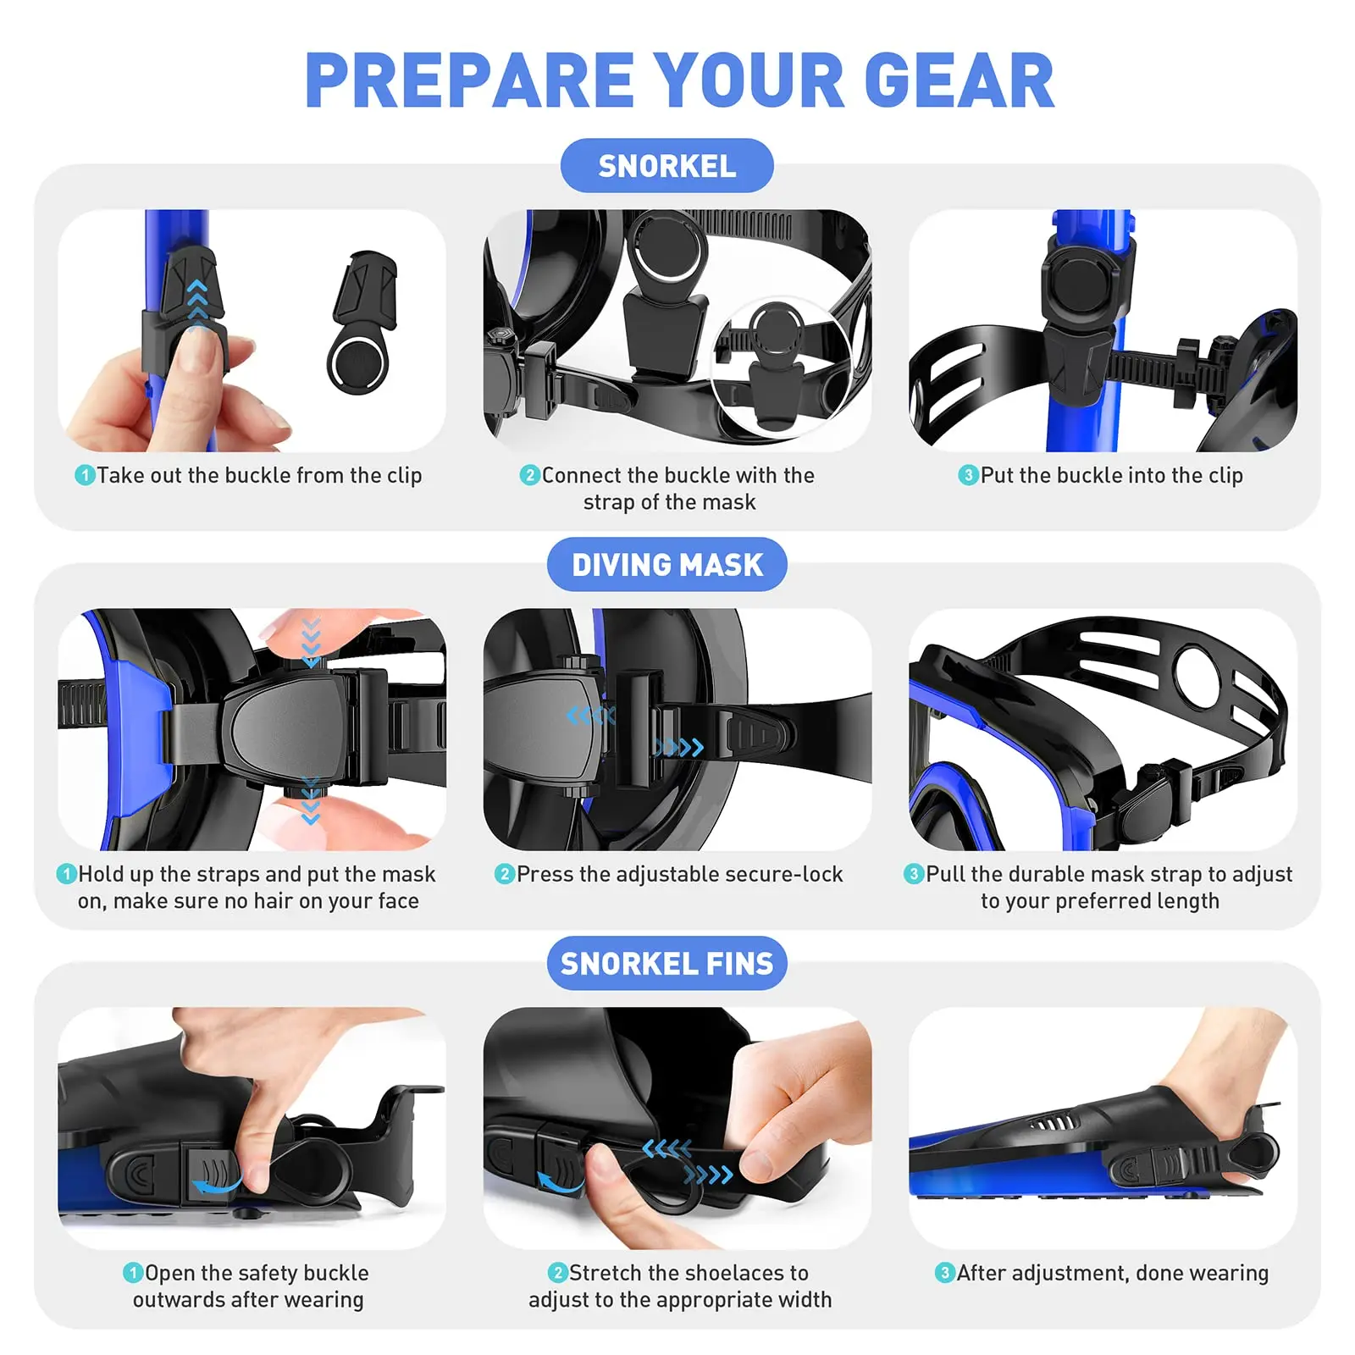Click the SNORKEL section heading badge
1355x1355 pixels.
coord(666,166)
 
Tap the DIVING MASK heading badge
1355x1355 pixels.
coord(666,565)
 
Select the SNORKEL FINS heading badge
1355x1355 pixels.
coord(666,964)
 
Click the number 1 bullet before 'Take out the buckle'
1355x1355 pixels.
coord(85,475)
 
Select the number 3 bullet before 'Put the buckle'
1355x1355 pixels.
coord(968,475)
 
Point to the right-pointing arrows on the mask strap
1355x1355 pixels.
coord(678,748)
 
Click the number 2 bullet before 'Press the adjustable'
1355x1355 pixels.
coord(505,874)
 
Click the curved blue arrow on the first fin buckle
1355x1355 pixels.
coord(217,1184)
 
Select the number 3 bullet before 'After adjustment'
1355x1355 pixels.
coord(944,1273)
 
